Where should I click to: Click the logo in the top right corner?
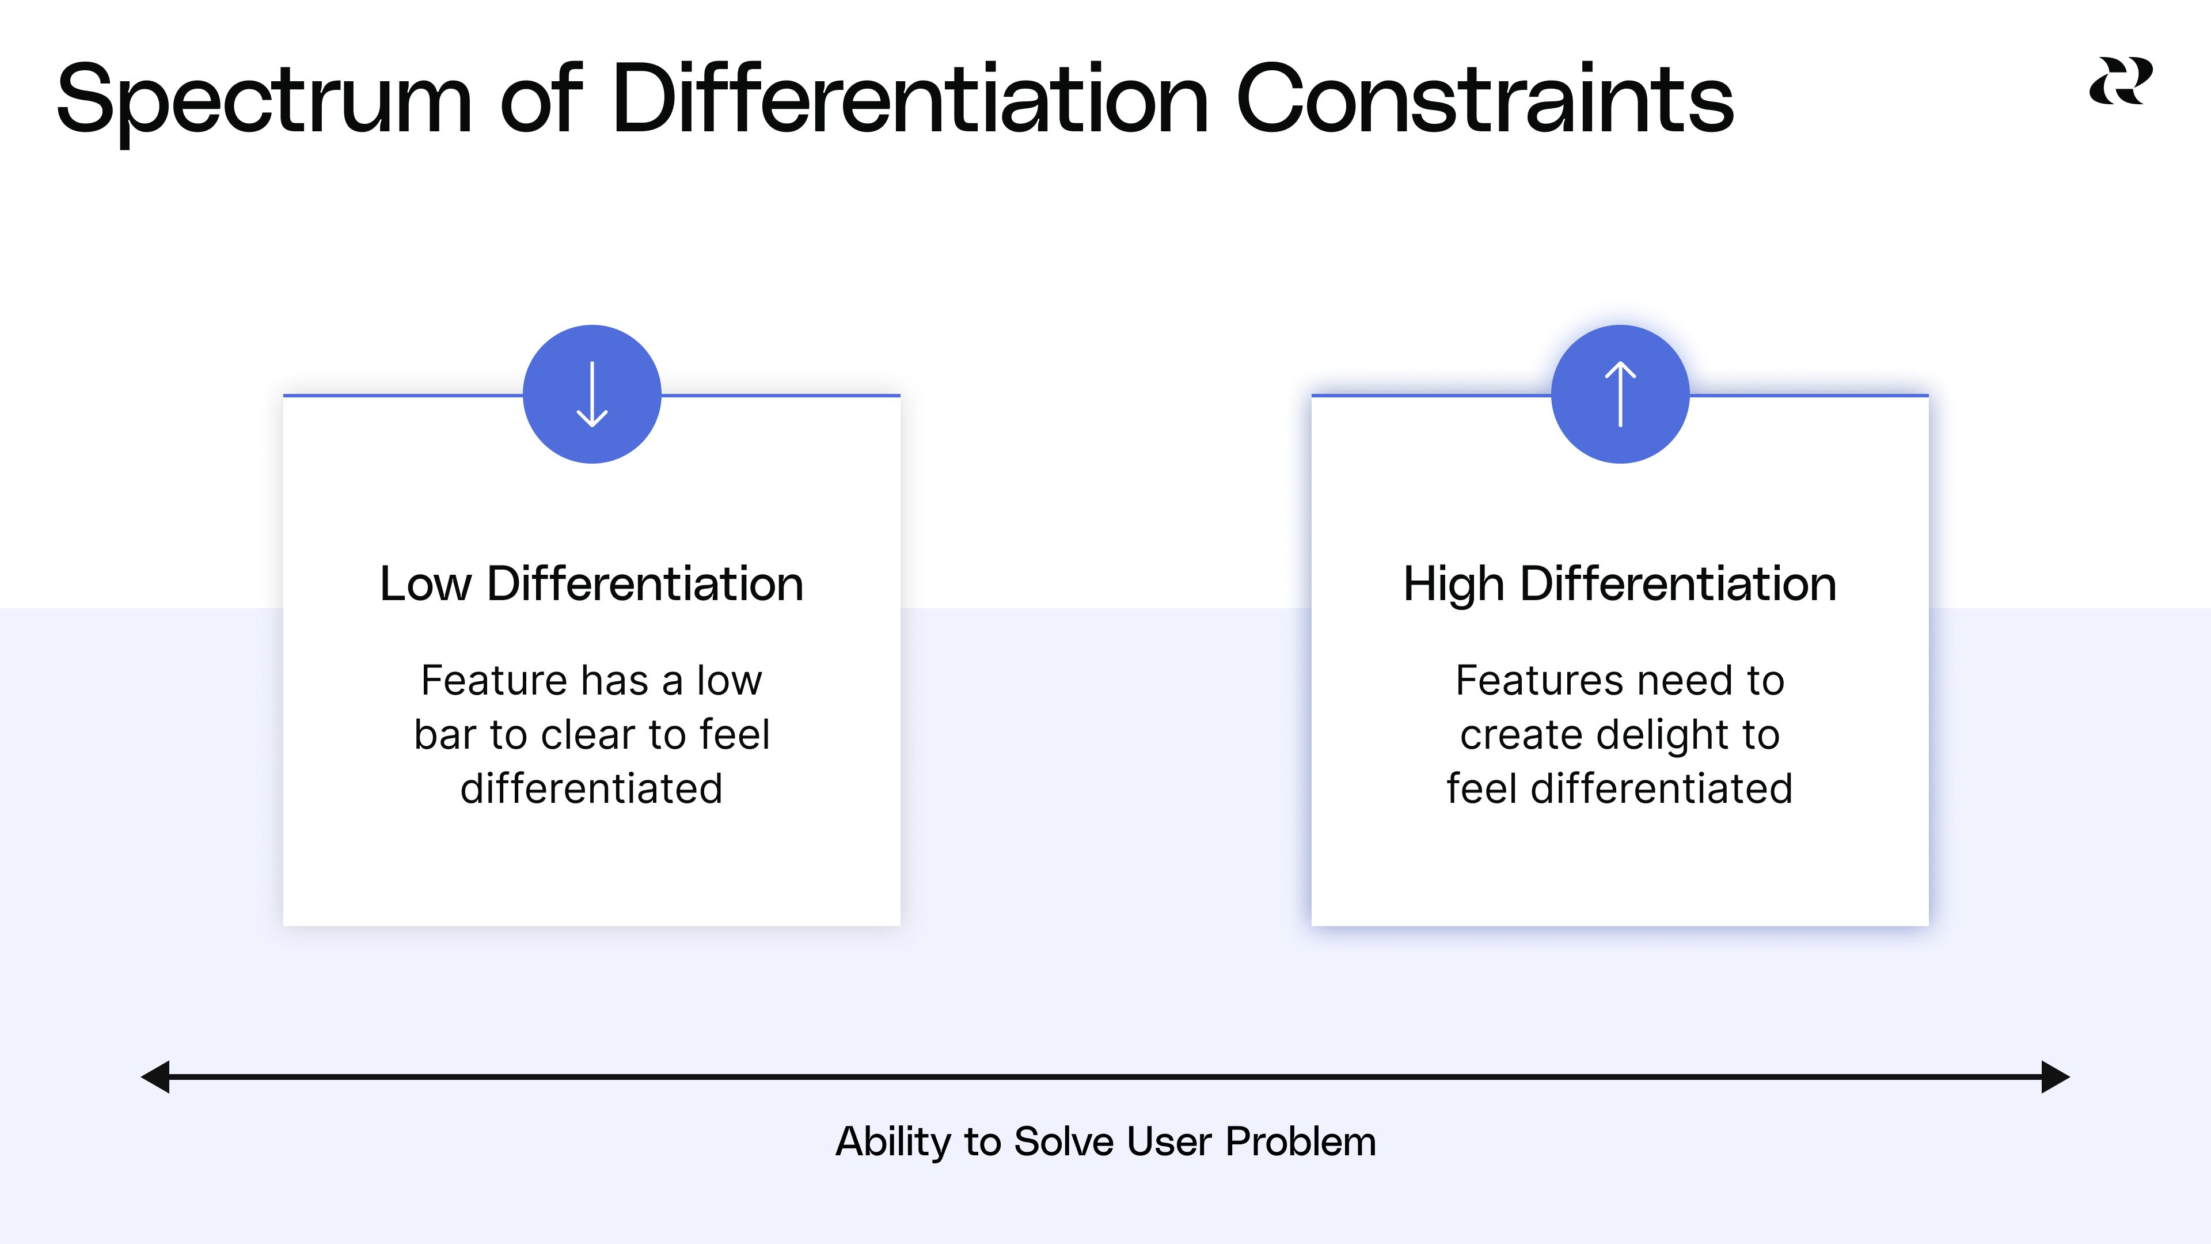(2120, 82)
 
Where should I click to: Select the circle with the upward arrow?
(1620, 394)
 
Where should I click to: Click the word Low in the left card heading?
(425, 584)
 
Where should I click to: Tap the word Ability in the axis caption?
(892, 1143)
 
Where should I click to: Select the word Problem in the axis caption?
(1300, 1143)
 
